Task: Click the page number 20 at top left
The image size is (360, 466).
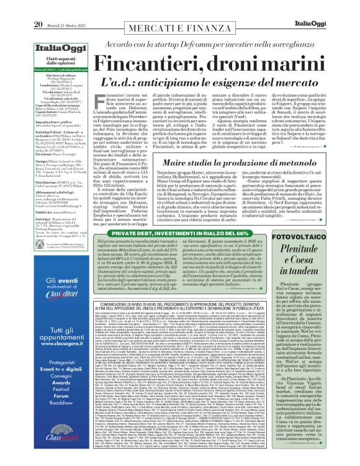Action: pos(12,7)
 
